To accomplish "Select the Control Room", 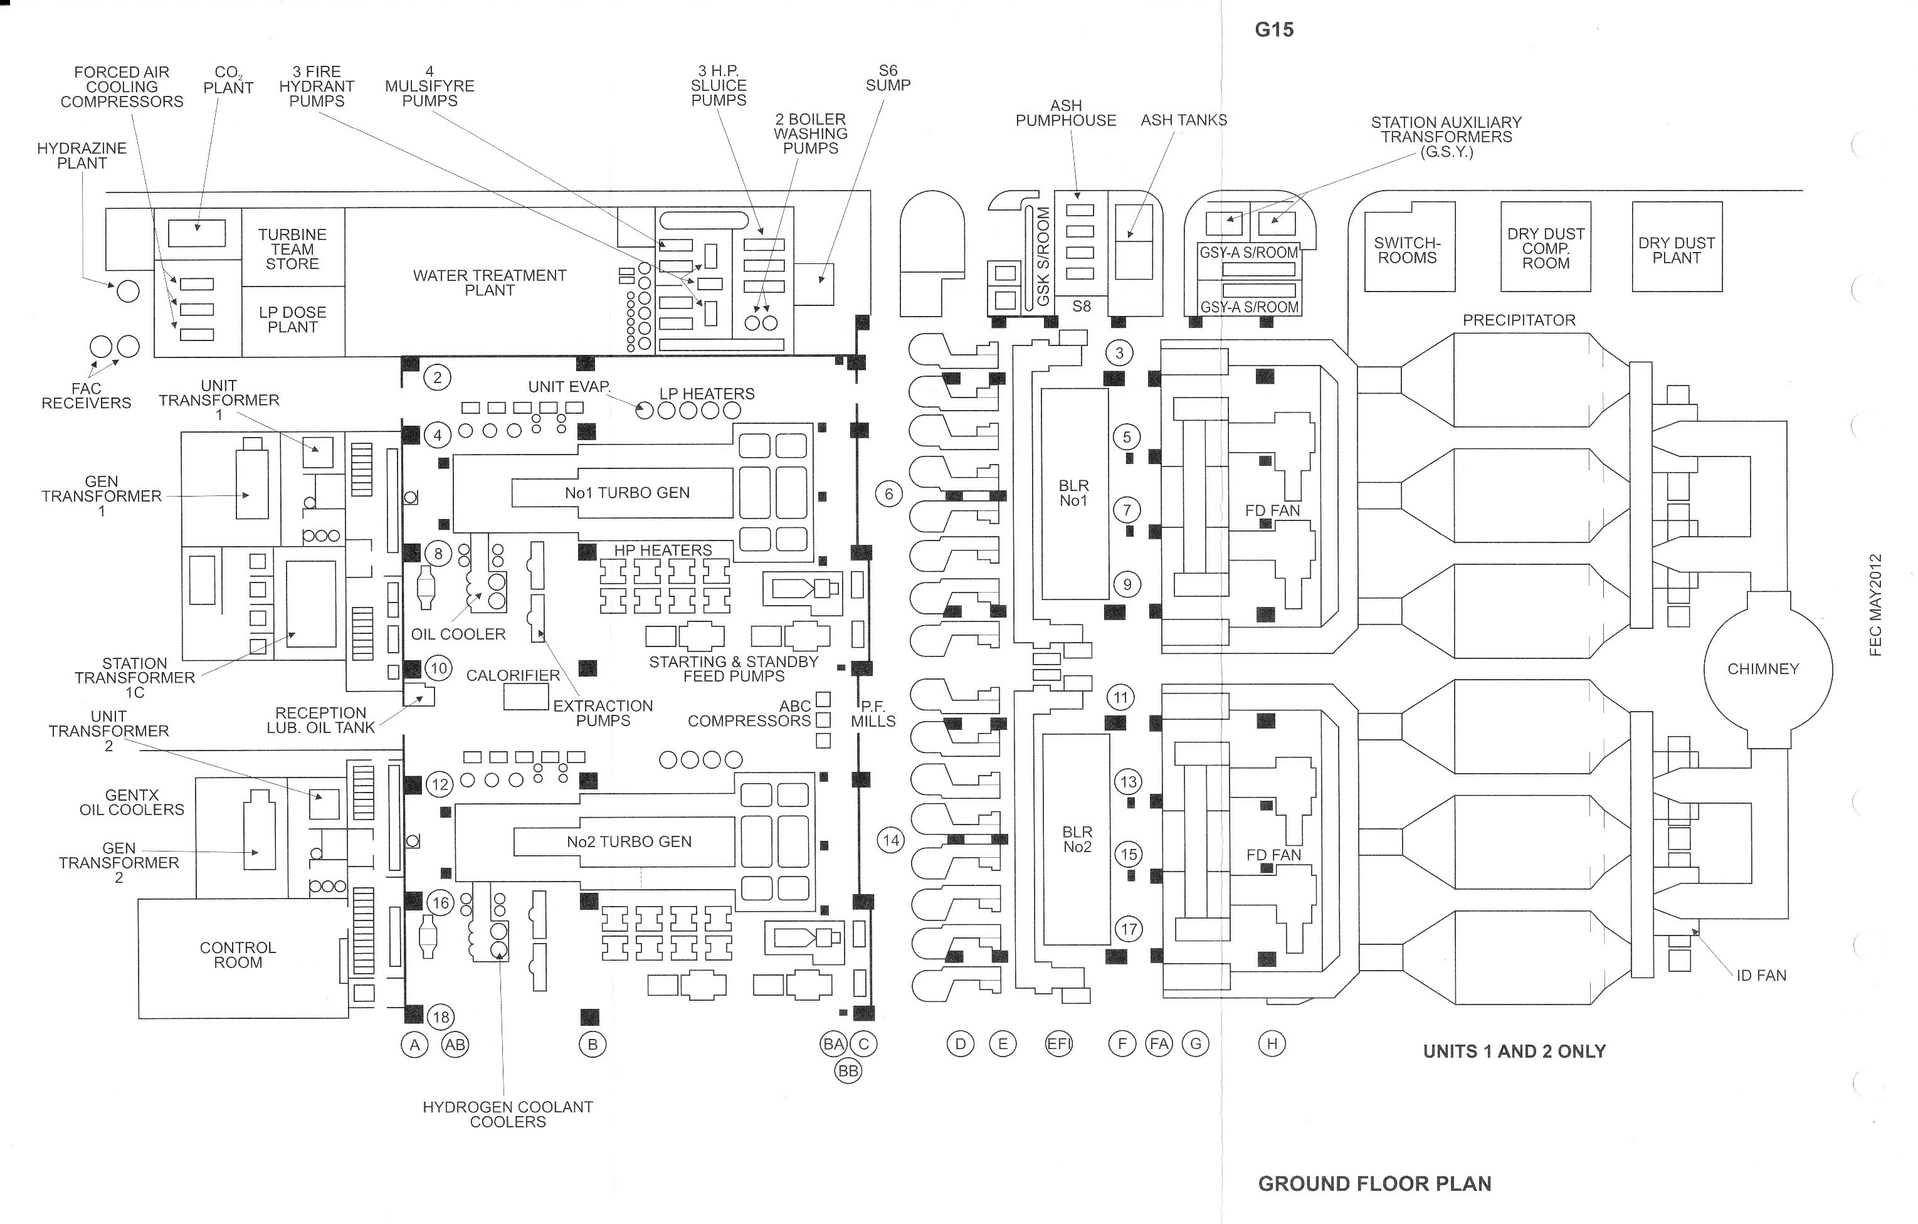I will tap(238, 955).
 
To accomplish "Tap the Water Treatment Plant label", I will tap(489, 283).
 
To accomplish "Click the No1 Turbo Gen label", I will tap(627, 493).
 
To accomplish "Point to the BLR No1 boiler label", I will tap(1073, 493).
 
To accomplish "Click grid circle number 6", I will tap(889, 493).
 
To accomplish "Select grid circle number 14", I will tap(890, 840).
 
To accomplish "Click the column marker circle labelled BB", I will tap(848, 1071).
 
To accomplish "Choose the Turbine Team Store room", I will tap(292, 248).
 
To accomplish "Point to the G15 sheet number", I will tap(1273, 30).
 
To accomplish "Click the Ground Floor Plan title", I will tap(1374, 1184).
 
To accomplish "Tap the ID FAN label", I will tap(1761, 976).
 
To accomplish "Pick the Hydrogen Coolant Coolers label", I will tap(507, 1114).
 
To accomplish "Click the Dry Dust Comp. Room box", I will tap(1545, 248).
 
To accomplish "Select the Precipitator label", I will tap(1518, 320).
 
